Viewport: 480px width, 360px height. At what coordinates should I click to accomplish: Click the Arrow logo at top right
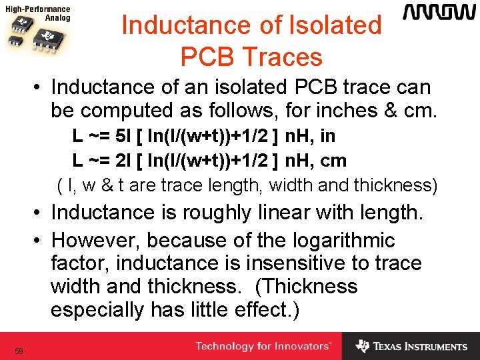439,13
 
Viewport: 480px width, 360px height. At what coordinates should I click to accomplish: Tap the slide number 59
19,351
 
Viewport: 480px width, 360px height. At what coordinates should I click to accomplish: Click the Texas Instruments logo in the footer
411,346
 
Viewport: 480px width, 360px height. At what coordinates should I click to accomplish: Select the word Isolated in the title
339,26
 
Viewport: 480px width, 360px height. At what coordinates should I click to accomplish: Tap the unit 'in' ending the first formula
327,136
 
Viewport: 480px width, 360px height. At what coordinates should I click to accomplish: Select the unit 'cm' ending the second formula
334,160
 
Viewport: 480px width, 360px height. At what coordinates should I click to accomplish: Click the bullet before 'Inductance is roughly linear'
41,213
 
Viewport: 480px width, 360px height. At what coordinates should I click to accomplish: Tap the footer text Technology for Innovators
262,346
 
